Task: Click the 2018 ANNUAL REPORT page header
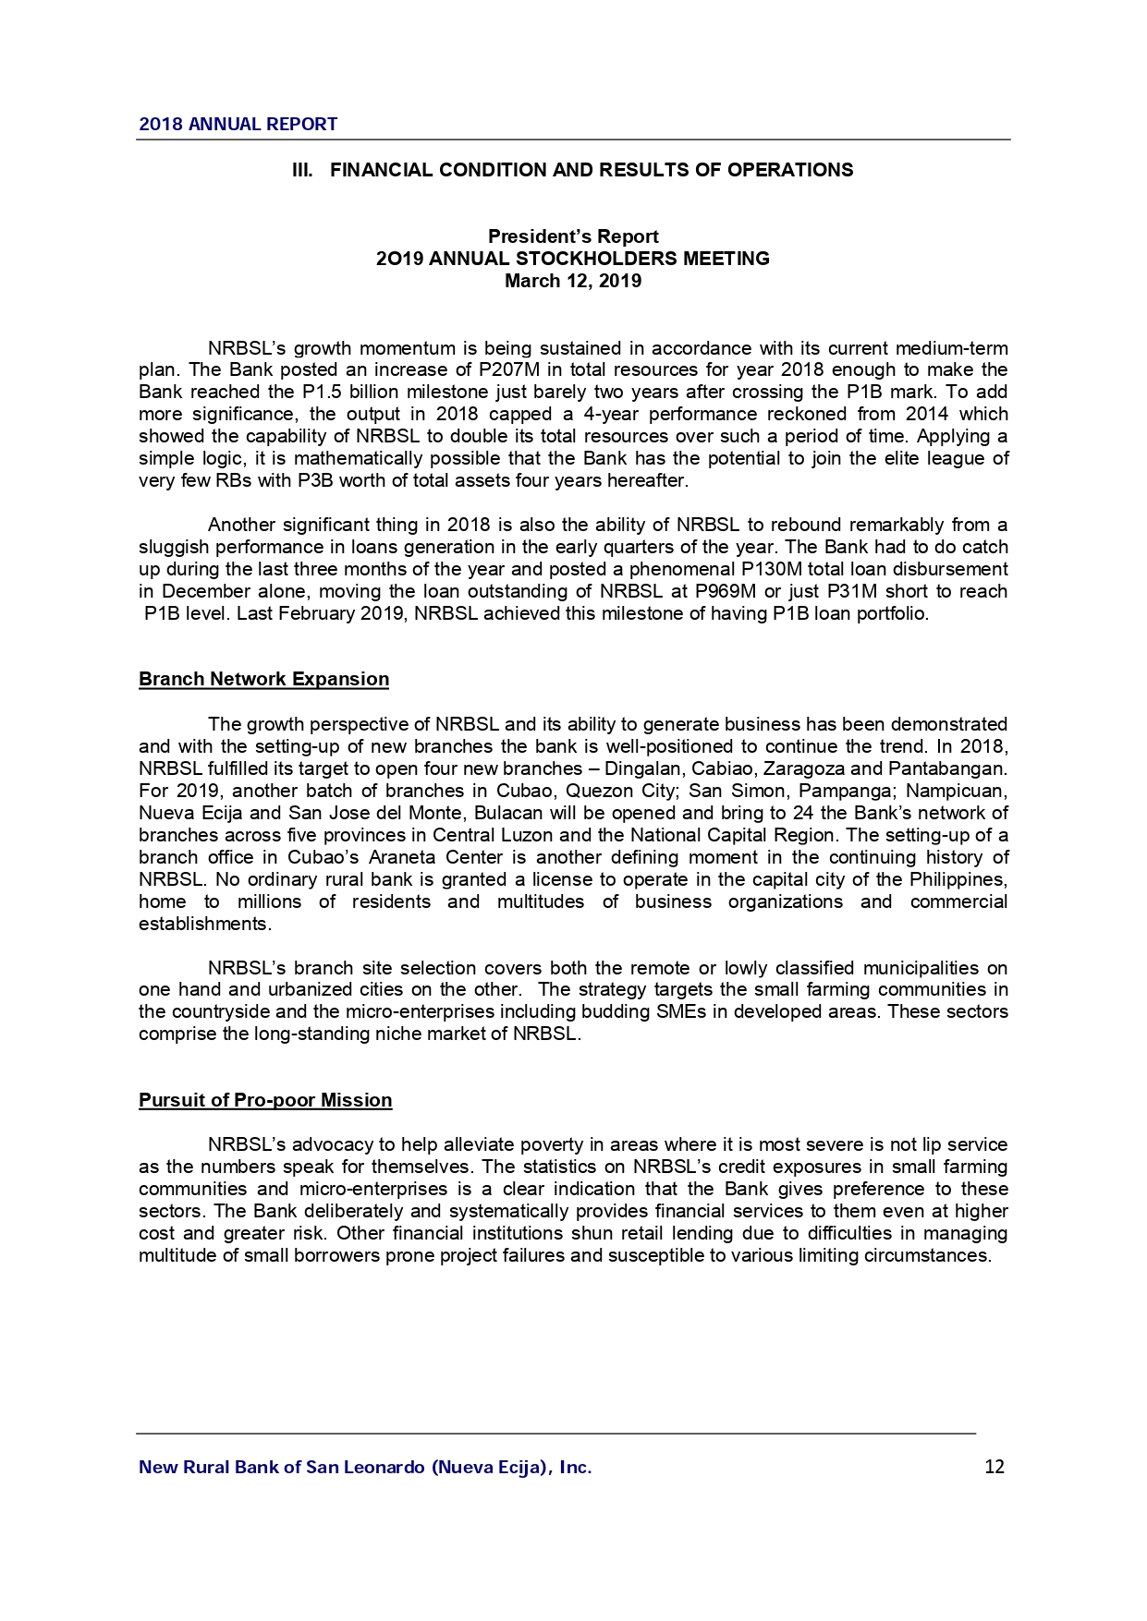pyautogui.click(x=238, y=124)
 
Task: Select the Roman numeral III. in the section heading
pyautogui.click(x=302, y=170)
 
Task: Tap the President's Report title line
pyautogui.click(x=573, y=236)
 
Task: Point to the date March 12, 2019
pyautogui.click(x=573, y=281)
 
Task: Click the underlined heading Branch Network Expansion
pyautogui.click(x=263, y=680)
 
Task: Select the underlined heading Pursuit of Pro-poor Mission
pyautogui.click(x=265, y=1101)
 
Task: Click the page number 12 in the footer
pyautogui.click(x=994, y=1467)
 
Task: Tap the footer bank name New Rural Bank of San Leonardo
pyautogui.click(x=364, y=1467)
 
